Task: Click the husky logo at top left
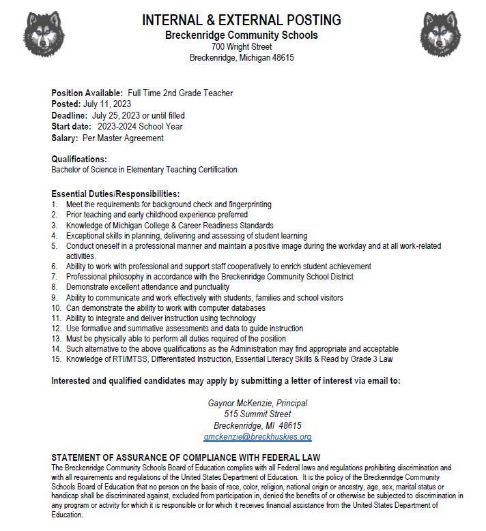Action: pos(44,33)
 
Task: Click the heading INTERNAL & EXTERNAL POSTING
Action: pos(242,20)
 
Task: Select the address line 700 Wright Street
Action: pos(242,46)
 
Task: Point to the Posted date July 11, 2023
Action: pos(107,104)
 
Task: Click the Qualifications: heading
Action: pos(79,159)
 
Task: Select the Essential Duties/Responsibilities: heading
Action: pos(115,194)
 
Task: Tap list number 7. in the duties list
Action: pos(55,277)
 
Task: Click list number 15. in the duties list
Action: pos(57,359)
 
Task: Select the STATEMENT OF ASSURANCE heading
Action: pos(186,457)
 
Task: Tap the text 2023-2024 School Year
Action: pos(140,126)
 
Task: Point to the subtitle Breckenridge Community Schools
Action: pos(242,35)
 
